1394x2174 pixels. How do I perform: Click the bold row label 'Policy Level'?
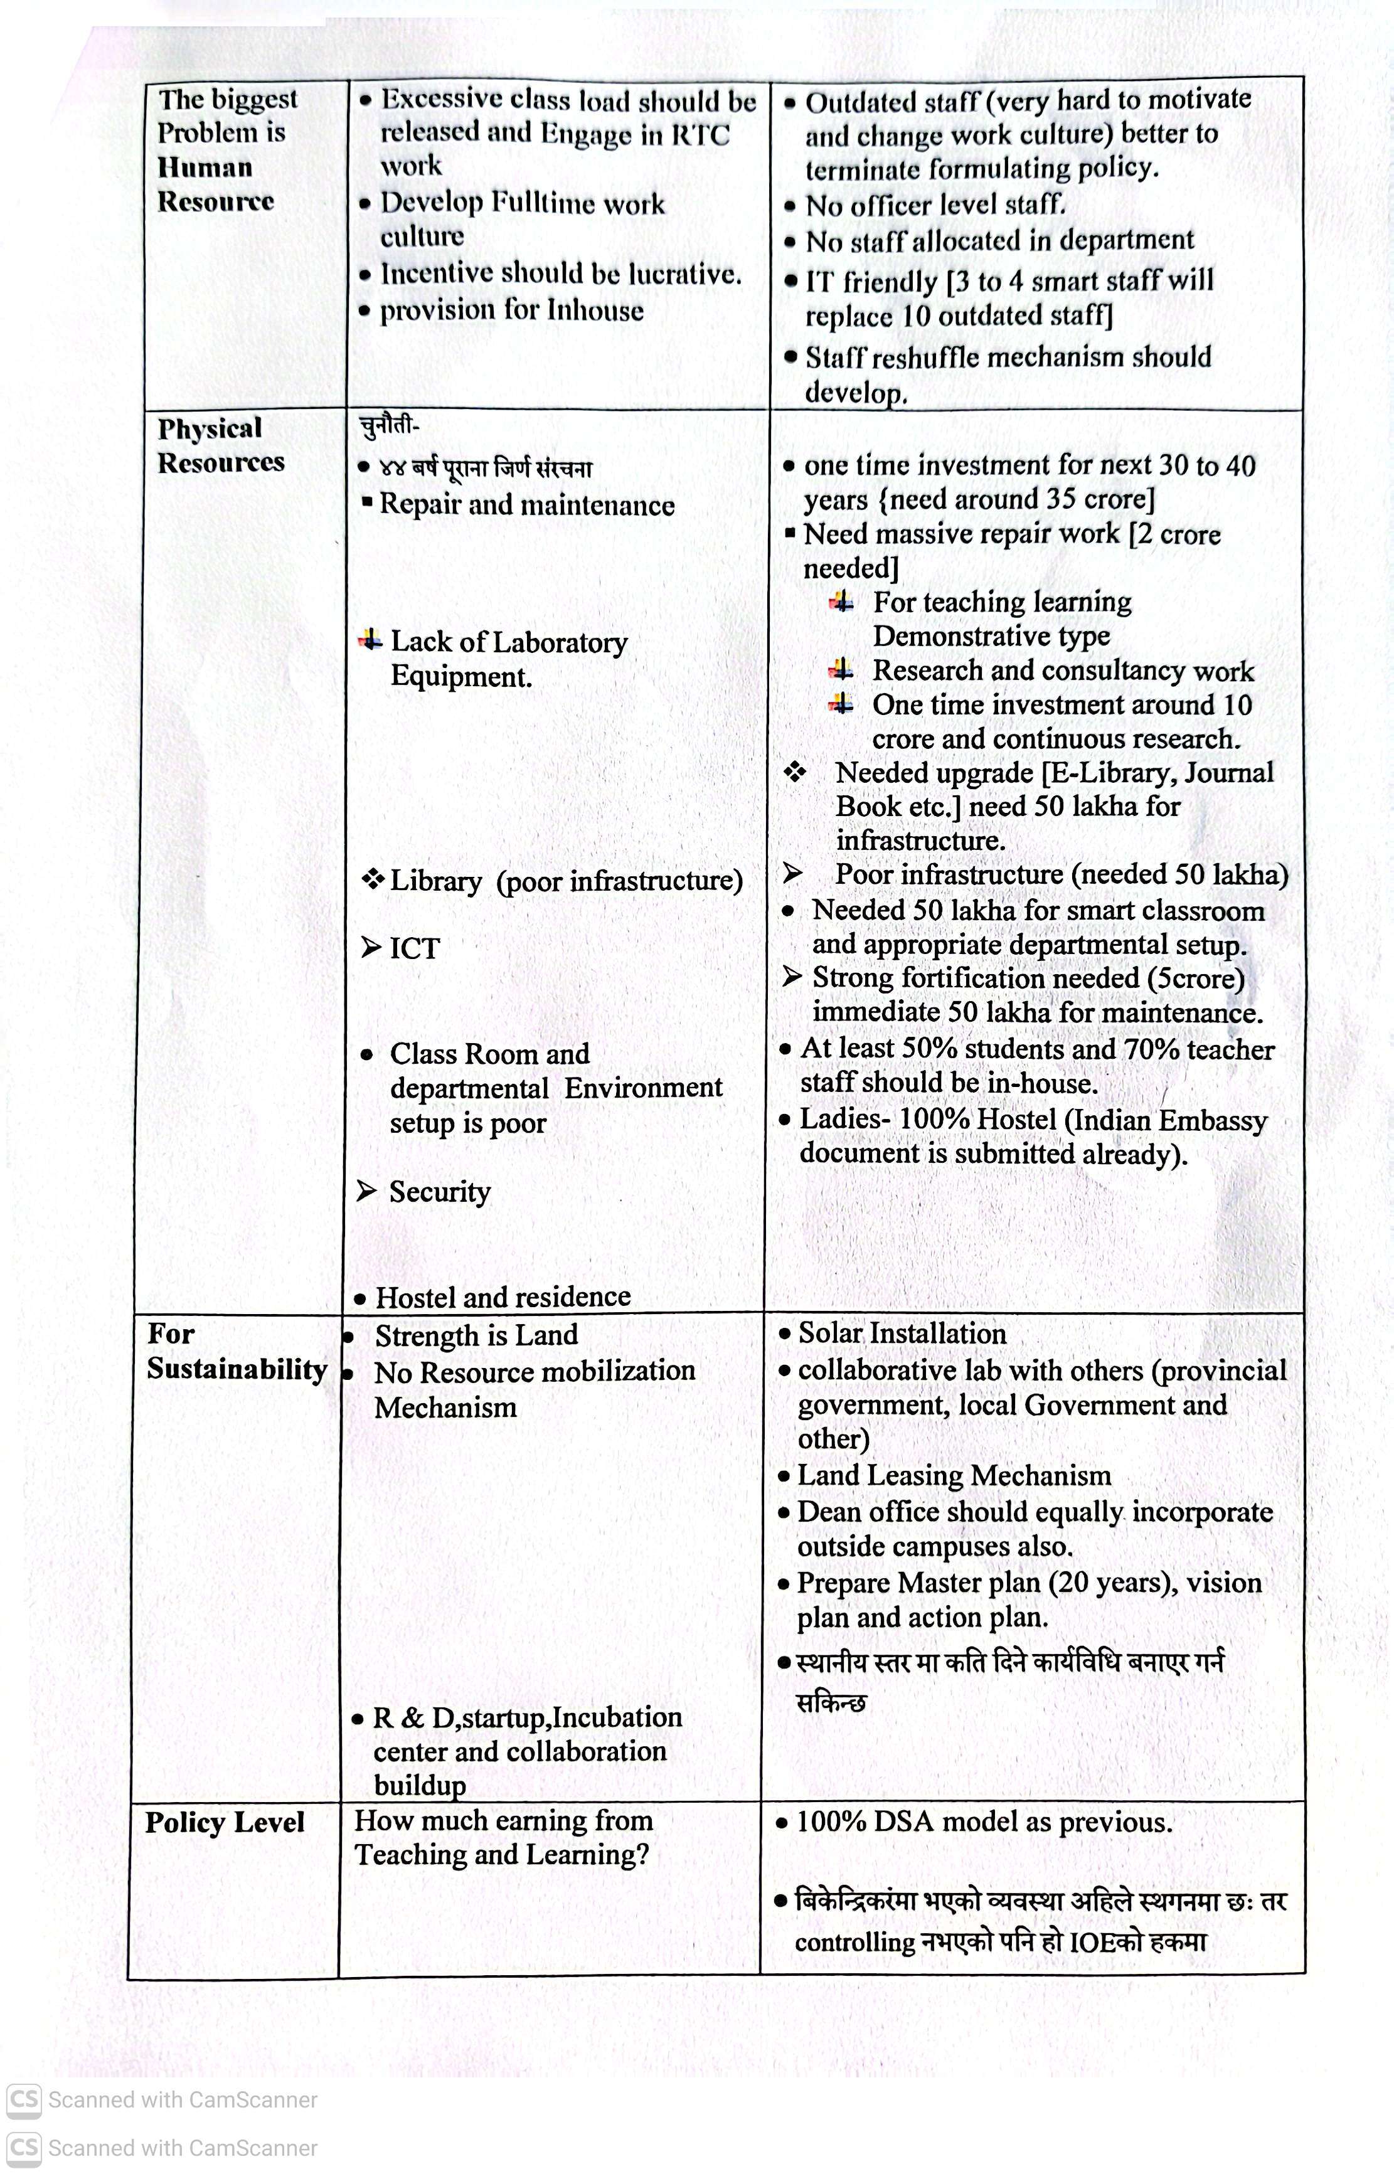225,1822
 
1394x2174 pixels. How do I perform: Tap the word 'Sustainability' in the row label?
237,1369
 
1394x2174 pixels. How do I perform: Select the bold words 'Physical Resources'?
220,445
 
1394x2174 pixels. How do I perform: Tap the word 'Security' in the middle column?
439,1192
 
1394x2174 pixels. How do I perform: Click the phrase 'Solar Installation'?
902,1333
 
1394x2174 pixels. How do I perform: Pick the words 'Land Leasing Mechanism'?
954,1476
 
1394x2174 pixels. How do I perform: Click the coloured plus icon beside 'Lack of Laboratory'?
370,641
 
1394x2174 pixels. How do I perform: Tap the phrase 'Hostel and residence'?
503,1297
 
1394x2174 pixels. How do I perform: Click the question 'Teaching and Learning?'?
501,1855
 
